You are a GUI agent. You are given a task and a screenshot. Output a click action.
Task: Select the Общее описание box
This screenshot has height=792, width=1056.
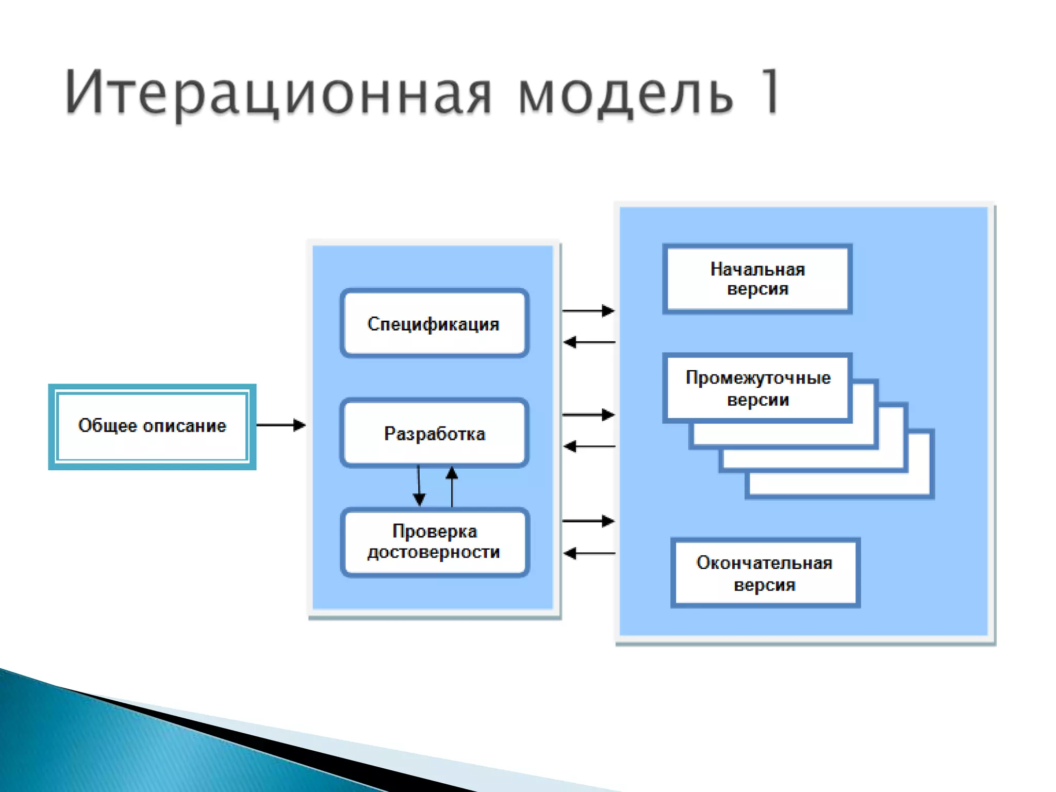[x=152, y=426]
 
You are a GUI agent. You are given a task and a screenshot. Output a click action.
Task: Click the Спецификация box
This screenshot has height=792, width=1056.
[x=434, y=324]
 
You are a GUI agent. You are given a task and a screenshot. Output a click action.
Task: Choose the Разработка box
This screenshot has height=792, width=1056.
[x=434, y=433]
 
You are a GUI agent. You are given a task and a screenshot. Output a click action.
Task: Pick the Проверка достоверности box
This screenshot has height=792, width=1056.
[x=434, y=542]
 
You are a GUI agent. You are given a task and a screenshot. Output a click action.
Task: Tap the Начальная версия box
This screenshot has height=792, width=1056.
[x=757, y=279]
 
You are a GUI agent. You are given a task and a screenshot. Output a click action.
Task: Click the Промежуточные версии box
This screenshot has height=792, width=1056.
[x=757, y=388]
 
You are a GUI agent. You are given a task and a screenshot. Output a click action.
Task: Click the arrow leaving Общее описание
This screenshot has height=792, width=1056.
[x=281, y=425]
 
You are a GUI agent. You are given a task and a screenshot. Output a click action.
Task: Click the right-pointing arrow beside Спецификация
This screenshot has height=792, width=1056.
[x=588, y=311]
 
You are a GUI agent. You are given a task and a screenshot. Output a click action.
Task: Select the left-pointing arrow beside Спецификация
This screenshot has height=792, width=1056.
[x=589, y=342]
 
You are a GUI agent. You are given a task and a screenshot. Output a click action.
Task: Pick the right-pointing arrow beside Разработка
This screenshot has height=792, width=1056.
[x=588, y=415]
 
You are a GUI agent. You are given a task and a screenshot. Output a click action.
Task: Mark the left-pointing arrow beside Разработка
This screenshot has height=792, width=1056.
[x=589, y=446]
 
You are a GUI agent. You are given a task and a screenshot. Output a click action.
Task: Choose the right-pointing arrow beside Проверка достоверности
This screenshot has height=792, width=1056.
[x=588, y=521]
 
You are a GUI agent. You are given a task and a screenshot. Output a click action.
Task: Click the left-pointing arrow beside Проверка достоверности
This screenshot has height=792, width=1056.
[x=589, y=553]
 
